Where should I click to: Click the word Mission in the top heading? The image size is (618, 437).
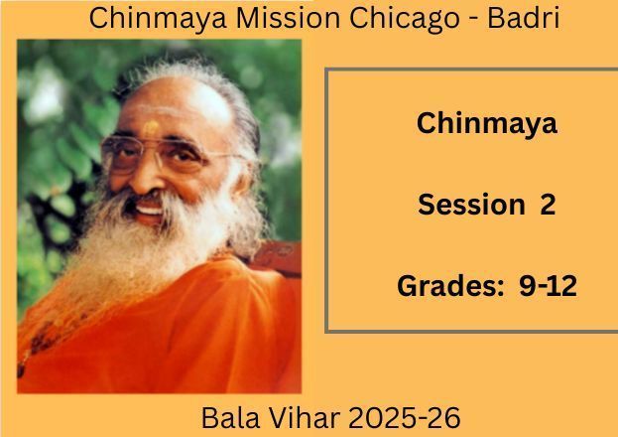(x=288, y=18)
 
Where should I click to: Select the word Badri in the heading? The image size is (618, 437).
(x=524, y=18)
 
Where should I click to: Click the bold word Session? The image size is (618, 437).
(x=471, y=204)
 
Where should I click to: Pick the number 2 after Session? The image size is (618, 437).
(x=548, y=204)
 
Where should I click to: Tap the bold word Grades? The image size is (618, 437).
(x=448, y=286)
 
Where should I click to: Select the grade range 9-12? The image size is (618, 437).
(x=548, y=285)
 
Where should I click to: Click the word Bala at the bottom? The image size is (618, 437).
(x=230, y=418)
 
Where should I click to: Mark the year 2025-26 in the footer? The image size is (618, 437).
(x=405, y=418)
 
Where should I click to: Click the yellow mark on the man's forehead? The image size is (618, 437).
(x=151, y=128)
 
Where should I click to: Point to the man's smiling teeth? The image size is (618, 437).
(x=149, y=210)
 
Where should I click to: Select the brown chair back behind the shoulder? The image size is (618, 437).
(x=276, y=258)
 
